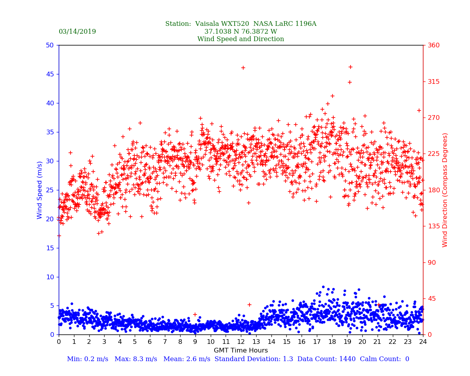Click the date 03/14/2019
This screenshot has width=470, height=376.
pos(77,32)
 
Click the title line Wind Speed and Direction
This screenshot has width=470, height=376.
pos(240,39)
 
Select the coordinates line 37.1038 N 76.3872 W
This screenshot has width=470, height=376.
pos(240,32)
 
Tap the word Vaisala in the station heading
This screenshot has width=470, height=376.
pos(209,24)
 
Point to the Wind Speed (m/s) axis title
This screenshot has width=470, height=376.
pos(40,190)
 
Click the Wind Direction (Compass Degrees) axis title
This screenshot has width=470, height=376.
pos(445,190)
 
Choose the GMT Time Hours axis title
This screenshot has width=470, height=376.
pos(240,351)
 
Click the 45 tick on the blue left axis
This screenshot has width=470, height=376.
pos(50,74)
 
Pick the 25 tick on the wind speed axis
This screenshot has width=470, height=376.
pos(50,190)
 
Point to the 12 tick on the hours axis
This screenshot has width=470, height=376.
pos(241,342)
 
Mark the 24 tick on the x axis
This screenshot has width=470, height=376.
pos(423,342)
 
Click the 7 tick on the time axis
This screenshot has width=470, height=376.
pos(165,342)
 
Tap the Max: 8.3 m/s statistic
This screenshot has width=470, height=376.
pos(139,359)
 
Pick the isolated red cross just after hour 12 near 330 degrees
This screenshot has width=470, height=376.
pos(243,68)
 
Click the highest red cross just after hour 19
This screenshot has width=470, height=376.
pos(351,67)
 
